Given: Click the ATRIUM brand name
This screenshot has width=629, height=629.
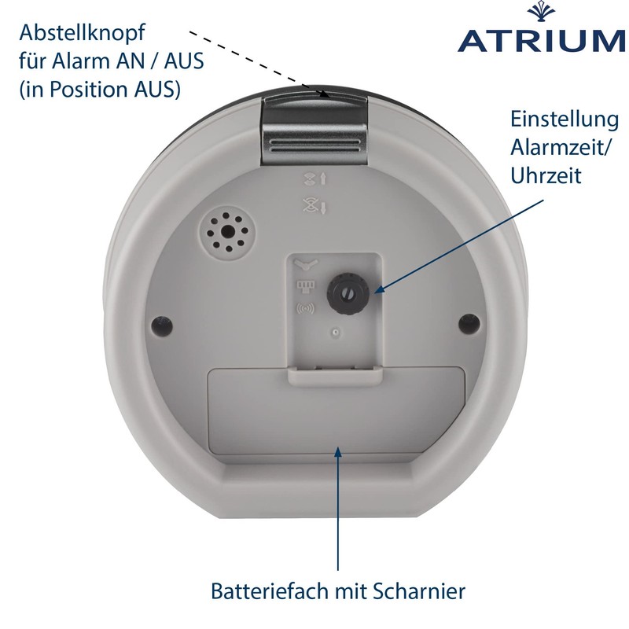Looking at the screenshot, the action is (541, 40).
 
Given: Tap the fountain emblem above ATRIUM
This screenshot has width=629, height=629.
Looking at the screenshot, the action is (541, 13).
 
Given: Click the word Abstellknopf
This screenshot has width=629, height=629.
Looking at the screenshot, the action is (82, 33).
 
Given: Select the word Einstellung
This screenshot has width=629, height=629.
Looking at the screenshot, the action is (565, 120).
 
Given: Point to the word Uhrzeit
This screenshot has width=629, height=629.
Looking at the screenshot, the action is (546, 175).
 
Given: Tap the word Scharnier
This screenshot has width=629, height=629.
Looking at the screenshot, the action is (419, 591).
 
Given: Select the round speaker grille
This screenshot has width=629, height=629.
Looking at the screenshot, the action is (226, 231).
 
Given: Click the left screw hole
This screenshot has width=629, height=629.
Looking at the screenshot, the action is (163, 325).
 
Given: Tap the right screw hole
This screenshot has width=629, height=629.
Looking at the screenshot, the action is (469, 324).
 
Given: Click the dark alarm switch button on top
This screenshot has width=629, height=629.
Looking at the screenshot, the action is (314, 127).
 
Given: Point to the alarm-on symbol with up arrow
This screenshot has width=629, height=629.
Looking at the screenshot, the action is (315, 179).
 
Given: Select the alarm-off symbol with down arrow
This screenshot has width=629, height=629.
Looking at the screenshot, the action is (315, 206).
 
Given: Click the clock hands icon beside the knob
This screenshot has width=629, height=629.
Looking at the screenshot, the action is (306, 265).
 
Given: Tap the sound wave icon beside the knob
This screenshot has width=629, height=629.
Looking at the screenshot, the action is (306, 308).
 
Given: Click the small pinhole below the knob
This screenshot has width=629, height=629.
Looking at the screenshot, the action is (337, 332).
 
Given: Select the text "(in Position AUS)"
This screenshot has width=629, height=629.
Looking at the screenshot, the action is (100, 90).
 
